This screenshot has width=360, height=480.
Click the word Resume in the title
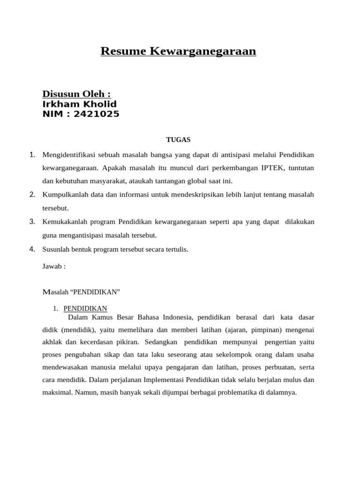(124, 51)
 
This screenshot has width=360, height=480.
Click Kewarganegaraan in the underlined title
(203, 51)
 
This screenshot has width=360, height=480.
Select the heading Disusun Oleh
(76, 94)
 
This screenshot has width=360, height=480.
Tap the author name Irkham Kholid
(79, 104)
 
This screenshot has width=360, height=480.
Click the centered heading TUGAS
(178, 139)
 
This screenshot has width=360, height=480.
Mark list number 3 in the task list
(32, 221)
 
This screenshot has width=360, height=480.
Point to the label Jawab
(54, 266)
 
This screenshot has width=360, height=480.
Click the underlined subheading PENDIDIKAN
(85, 308)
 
